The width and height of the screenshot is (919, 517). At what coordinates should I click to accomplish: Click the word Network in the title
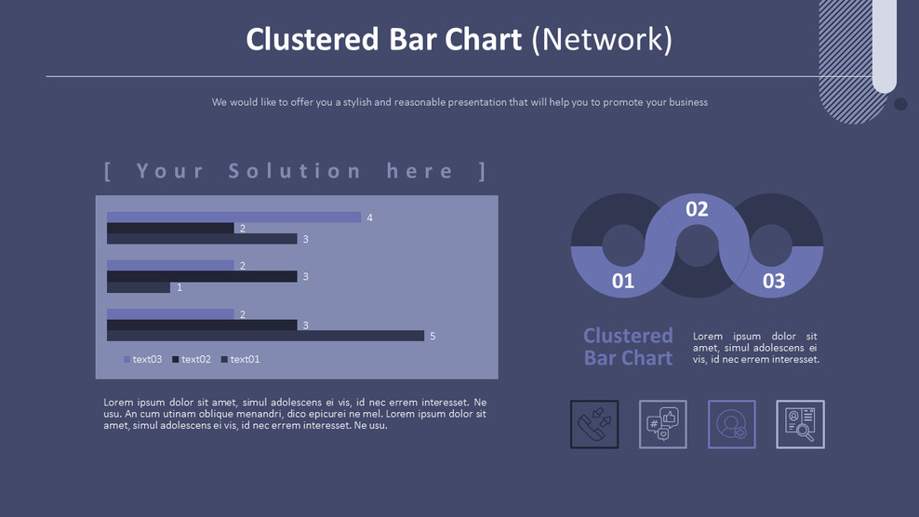tap(601, 39)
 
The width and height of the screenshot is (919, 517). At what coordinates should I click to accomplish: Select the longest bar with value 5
tap(265, 336)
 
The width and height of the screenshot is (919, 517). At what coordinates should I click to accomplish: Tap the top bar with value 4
tap(233, 218)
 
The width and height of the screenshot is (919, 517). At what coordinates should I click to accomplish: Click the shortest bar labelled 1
tap(139, 288)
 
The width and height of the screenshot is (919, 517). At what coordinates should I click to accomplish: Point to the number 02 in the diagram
tap(697, 209)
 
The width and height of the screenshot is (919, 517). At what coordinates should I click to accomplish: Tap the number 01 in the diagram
tap(622, 281)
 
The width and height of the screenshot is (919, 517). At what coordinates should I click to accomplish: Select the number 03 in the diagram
tap(773, 281)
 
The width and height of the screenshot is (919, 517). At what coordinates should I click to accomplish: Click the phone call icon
tap(593, 424)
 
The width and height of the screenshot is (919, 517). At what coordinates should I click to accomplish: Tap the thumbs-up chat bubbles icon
tap(662, 424)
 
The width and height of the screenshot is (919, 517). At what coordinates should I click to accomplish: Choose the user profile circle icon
tap(731, 424)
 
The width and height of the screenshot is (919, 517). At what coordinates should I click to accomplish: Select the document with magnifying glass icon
tap(800, 424)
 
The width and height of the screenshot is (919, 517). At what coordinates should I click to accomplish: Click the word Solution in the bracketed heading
tap(295, 171)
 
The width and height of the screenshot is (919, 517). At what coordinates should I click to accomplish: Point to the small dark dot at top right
tap(900, 104)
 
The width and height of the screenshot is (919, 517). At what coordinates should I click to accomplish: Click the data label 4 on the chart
tap(369, 218)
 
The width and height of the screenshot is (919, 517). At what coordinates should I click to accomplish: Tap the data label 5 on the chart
tap(433, 336)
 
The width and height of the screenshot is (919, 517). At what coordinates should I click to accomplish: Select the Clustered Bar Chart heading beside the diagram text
tap(628, 347)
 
